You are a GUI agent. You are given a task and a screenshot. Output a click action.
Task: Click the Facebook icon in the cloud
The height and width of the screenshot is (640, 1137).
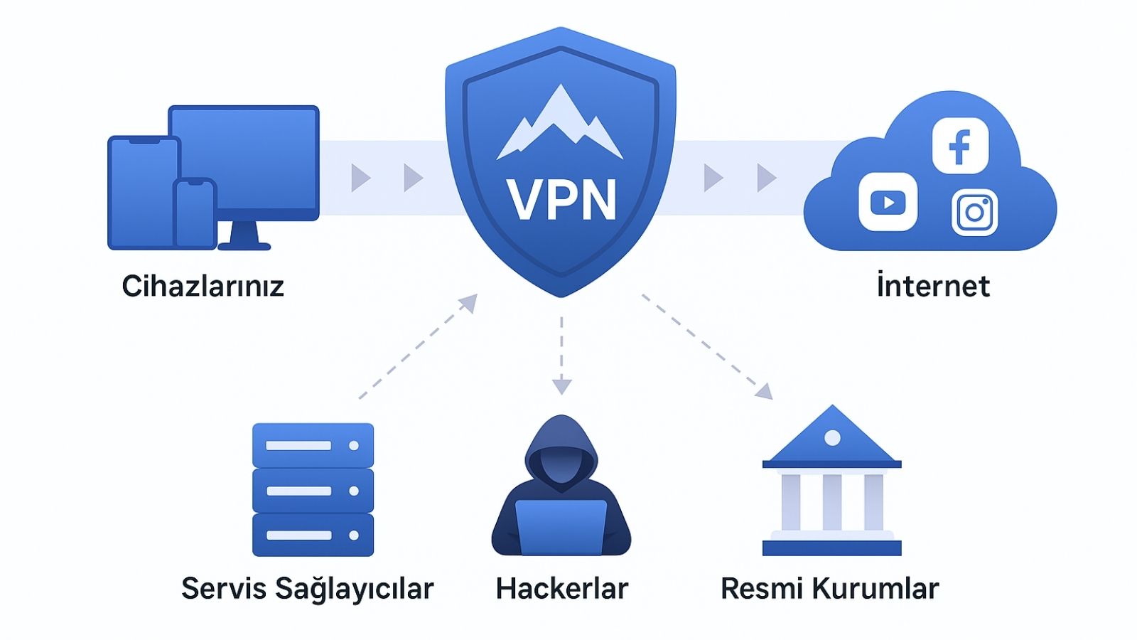click(960, 146)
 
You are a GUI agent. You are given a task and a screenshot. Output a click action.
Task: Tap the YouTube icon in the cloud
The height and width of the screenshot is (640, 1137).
click(888, 203)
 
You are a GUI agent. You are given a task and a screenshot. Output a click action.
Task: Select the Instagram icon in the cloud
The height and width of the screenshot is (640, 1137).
click(974, 212)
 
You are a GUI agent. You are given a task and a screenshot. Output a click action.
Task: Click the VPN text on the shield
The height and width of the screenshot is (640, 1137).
click(561, 201)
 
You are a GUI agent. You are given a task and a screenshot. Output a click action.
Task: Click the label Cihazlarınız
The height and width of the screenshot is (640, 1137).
click(203, 287)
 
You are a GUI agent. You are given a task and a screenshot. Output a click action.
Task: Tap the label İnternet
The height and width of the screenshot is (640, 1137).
click(932, 286)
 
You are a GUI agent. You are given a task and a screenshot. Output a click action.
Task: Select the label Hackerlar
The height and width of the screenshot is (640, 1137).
click(561, 589)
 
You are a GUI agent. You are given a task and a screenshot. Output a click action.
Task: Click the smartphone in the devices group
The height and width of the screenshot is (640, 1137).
click(195, 214)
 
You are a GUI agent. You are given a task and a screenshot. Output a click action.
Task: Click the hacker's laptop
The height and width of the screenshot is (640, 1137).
click(561, 527)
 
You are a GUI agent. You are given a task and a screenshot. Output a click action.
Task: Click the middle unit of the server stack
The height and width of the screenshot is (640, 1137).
click(313, 491)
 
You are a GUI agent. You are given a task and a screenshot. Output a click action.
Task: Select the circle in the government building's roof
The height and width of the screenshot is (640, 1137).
click(832, 437)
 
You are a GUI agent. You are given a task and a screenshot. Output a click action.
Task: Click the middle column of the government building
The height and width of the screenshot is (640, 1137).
click(832, 502)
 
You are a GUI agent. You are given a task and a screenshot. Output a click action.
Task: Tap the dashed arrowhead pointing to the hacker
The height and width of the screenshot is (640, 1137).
click(561, 386)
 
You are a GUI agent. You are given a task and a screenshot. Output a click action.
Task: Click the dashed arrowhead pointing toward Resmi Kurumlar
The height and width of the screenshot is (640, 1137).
click(765, 392)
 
